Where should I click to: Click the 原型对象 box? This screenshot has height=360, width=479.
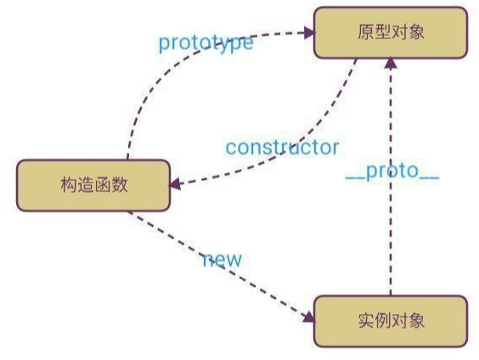tap(390, 33)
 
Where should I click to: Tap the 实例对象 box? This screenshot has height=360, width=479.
tap(390, 321)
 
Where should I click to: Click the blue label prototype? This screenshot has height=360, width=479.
tap(206, 42)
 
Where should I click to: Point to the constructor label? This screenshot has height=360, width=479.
tap(282, 147)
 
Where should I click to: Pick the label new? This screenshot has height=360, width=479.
tap(222, 259)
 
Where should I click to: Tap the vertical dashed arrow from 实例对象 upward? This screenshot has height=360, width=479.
tap(392, 229)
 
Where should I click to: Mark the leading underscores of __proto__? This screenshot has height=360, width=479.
tap(355, 177)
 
